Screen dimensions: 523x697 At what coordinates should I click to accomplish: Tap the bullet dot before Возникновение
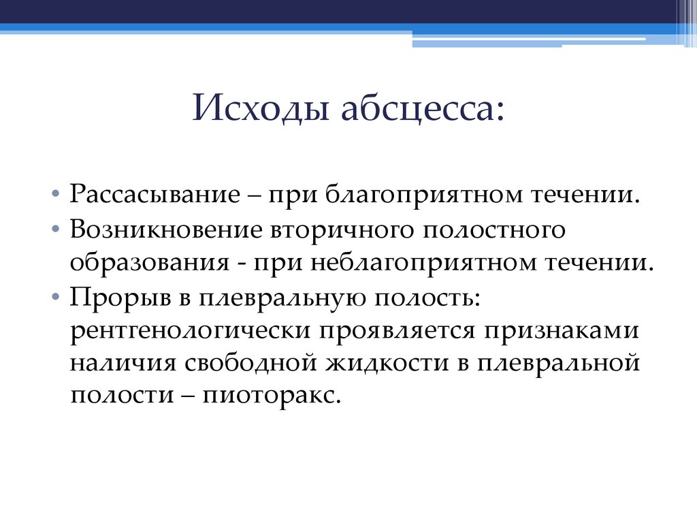pos(54,231)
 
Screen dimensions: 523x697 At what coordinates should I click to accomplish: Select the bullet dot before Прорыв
pos(54,298)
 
